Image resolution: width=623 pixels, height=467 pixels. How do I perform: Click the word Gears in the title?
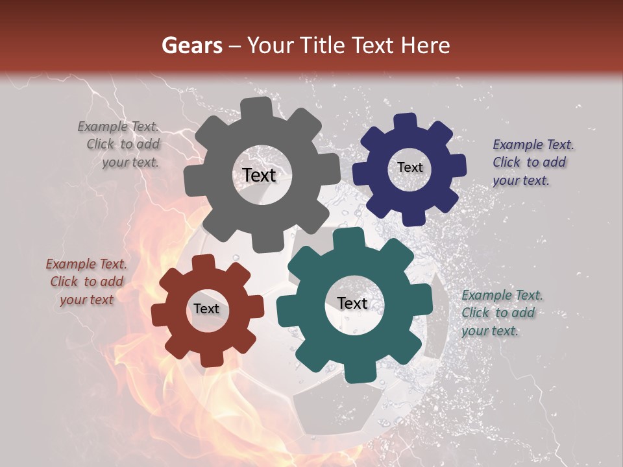point(192,45)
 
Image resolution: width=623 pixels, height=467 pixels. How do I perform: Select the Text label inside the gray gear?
point(259,175)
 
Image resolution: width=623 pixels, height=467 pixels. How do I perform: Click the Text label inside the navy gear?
point(409,167)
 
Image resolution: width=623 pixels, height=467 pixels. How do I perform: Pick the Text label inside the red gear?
point(206,309)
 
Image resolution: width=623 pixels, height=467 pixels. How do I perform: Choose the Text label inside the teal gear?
point(352,304)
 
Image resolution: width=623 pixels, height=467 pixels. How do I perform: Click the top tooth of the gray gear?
point(259,108)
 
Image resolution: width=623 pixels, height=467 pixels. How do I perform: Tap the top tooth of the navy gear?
point(406,122)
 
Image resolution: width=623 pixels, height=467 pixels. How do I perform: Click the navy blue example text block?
point(532,163)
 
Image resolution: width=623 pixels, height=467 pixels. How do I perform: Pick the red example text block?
point(87,281)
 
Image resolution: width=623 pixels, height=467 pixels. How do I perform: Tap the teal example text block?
point(501,313)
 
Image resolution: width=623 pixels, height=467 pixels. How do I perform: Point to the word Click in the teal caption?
point(476,313)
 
